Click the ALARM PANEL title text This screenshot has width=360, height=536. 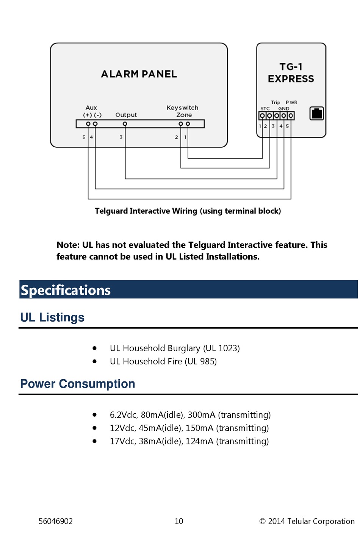pyautogui.click(x=139, y=74)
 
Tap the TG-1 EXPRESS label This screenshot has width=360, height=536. pyautogui.click(x=291, y=73)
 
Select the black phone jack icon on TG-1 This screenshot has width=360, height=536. pyautogui.click(x=316, y=113)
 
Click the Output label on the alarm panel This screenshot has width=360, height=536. pyautogui.click(x=126, y=115)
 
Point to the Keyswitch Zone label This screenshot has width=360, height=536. pyautogui.click(x=182, y=111)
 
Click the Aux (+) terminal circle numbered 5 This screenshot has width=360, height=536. pyautogui.click(x=88, y=124)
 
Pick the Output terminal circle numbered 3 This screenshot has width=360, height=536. pyautogui.click(x=125, y=124)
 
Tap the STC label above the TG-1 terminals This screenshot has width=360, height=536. pyautogui.click(x=265, y=108)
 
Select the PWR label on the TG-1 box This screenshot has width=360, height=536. pyautogui.click(x=291, y=102)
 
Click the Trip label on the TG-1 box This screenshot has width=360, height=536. pyautogui.click(x=275, y=102)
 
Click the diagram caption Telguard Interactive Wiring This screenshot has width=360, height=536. pyautogui.click(x=188, y=211)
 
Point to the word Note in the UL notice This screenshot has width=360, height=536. pyautogui.click(x=67, y=245)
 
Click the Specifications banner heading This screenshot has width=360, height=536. pyautogui.click(x=66, y=290)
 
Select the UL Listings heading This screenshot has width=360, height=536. pyautogui.click(x=52, y=317)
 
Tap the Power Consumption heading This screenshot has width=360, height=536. pyautogui.click(x=78, y=384)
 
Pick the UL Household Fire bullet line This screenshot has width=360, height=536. pyautogui.click(x=163, y=361)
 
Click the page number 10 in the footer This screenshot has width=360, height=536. pyautogui.click(x=179, y=521)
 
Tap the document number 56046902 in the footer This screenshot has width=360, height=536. pyautogui.click(x=56, y=521)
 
